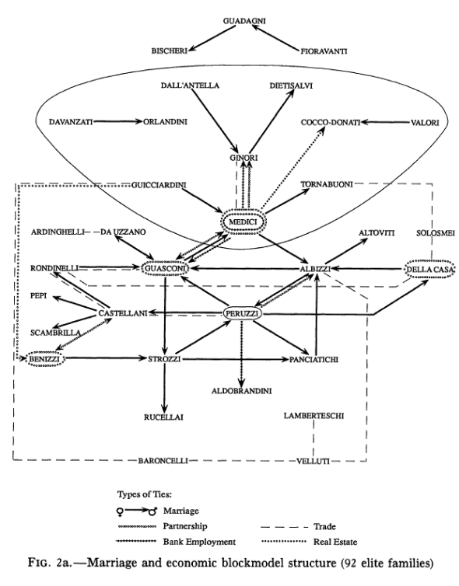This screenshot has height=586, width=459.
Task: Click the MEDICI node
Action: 241,222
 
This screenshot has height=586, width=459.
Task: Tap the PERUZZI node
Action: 241,313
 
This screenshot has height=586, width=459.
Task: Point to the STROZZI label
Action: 165,359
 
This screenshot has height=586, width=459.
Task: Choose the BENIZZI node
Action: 40,359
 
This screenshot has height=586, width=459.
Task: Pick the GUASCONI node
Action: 166,268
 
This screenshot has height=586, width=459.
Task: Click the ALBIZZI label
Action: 316,268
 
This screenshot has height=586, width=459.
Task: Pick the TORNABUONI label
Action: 328,184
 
